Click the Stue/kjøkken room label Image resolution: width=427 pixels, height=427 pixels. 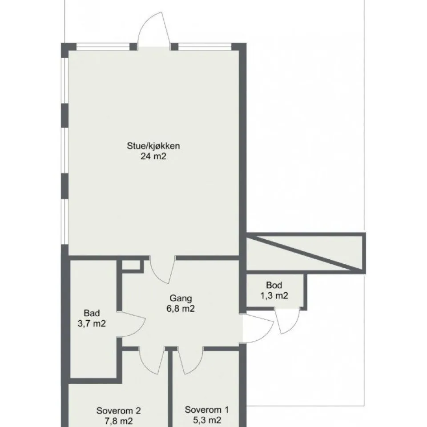(153, 146)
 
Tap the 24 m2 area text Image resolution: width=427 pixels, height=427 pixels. (153, 156)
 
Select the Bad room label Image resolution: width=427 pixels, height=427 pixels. (92, 313)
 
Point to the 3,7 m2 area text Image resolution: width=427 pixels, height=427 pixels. (92, 323)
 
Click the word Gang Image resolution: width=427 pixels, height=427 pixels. (181, 298)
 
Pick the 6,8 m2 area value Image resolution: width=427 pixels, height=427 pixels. (181, 309)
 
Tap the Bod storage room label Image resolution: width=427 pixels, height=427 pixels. (274, 285)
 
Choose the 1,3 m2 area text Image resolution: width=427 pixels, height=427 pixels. (274, 295)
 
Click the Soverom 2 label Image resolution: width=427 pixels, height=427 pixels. (118, 411)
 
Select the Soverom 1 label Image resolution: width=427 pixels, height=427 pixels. (207, 410)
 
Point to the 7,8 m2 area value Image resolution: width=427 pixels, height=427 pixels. (118, 421)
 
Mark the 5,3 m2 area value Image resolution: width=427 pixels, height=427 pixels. (207, 420)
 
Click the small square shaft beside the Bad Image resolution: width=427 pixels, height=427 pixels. (131, 266)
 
